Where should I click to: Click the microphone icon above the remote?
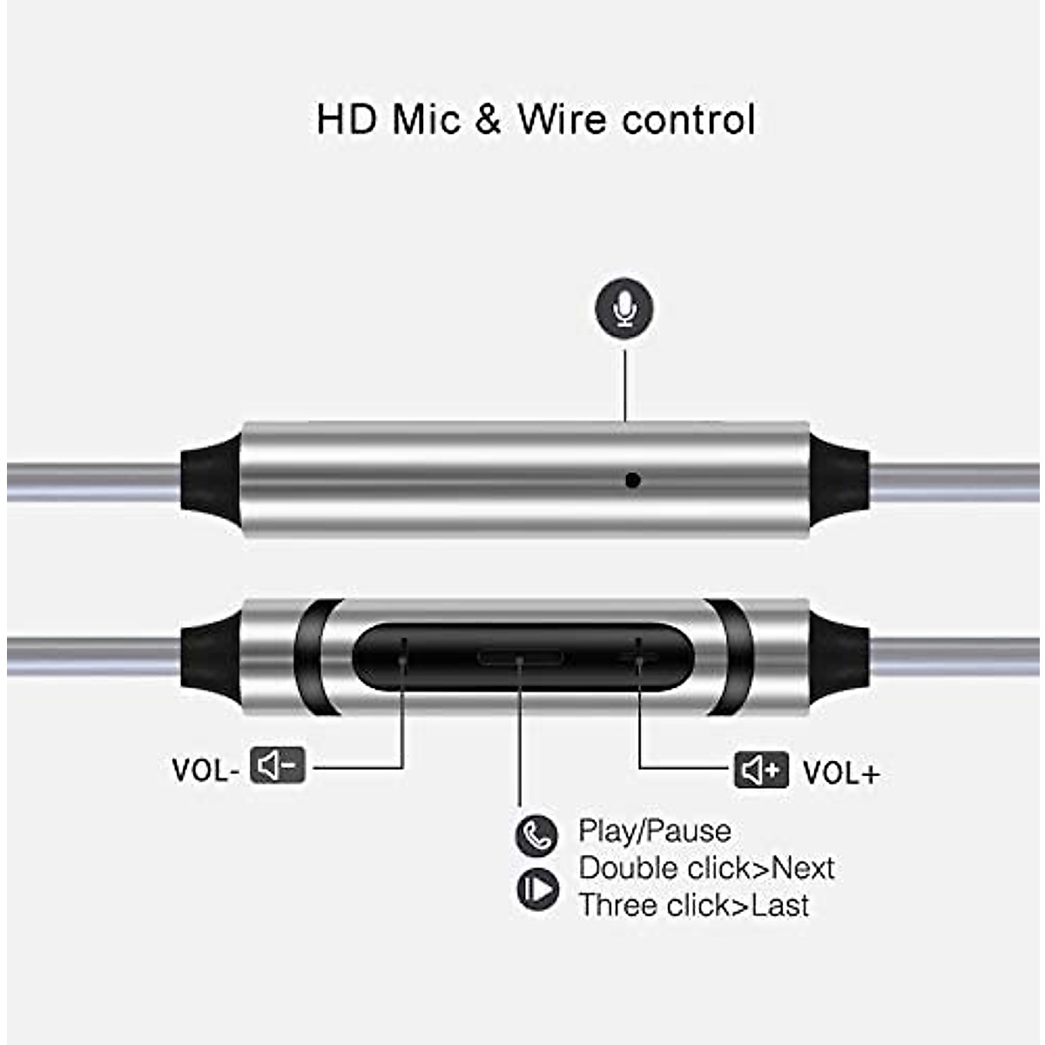coord(624,308)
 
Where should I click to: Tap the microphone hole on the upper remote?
coord(633,480)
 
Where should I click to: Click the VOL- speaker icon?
coord(278,765)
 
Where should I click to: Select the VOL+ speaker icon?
coord(761,771)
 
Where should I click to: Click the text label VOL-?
coord(205,771)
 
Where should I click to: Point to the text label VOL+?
coord(840,773)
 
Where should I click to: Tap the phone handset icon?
coord(536,835)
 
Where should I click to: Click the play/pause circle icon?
coord(536,889)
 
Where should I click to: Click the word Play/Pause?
coord(654,831)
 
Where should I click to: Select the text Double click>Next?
coord(706,868)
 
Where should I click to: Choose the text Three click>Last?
coord(694,906)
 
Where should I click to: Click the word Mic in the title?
coord(426,119)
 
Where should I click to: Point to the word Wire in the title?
coord(562,119)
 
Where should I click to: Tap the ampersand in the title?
coord(489,119)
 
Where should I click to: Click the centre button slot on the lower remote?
coord(519,657)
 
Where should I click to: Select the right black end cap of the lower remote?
coord(839,657)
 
